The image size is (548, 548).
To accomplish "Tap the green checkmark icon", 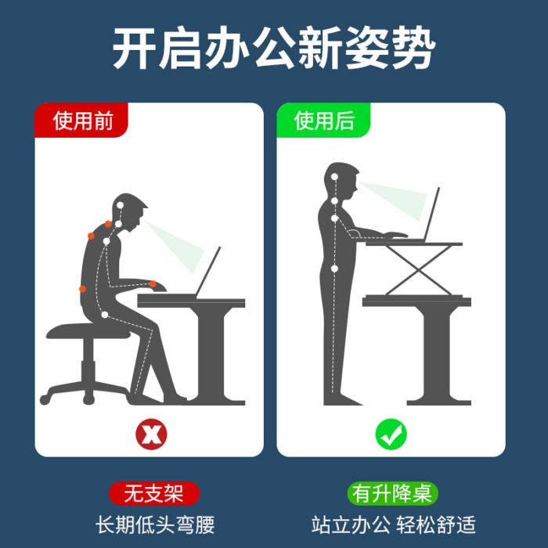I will tap(391, 433).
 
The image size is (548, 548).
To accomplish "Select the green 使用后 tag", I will tap(324, 121).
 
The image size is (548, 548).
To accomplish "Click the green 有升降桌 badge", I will tap(393, 494).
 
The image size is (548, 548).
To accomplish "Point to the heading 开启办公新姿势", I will tap(273, 50).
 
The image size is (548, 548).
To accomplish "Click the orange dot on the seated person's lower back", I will tap(82, 289).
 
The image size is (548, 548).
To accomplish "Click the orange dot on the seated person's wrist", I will tap(153, 284).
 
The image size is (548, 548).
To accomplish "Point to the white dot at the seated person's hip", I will tap(104, 315).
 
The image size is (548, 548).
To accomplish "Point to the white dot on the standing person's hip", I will tap(334, 269).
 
